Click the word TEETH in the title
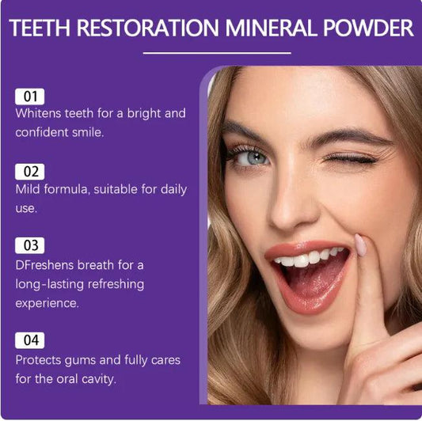click(40, 28)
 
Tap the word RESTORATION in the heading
click(150, 28)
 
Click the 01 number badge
click(29, 97)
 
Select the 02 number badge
click(29, 172)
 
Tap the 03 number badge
click(29, 245)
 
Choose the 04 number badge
click(29, 340)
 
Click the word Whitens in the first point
click(40, 113)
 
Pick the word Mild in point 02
click(29, 189)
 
